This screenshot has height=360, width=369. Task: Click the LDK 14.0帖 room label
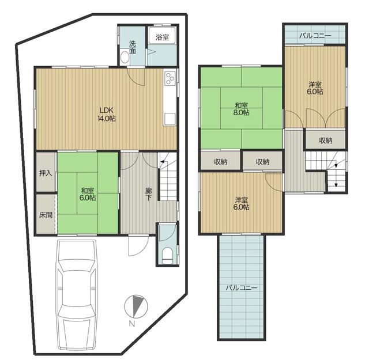(107, 114)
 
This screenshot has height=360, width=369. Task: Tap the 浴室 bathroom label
(162, 37)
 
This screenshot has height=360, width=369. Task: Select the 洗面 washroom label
(133, 47)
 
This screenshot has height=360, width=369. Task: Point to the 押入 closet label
(46, 173)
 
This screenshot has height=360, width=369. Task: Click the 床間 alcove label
(46, 215)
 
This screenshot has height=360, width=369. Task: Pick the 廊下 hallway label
(148, 194)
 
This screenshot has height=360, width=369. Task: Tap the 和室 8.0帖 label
(242, 109)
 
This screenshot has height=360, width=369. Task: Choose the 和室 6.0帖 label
(88, 194)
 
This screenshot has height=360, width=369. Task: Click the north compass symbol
(136, 306)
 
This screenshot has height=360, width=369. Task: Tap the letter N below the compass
(132, 324)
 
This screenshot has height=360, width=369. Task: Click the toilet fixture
(167, 256)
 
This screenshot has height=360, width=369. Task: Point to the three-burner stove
(170, 78)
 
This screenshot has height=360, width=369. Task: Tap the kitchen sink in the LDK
(170, 119)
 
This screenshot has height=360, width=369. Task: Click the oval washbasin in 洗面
(125, 57)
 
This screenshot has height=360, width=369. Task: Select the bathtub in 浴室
(163, 36)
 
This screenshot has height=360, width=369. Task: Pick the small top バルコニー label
(315, 36)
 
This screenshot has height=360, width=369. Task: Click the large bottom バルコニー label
(242, 287)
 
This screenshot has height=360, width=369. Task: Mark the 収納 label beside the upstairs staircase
(326, 141)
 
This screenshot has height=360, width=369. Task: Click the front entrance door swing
(138, 245)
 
